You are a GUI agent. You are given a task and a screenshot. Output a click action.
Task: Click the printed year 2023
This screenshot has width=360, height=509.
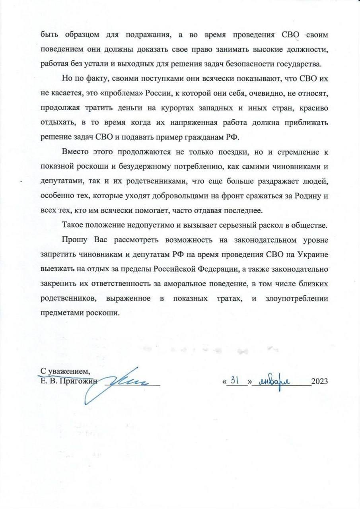click(x=319, y=382)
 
